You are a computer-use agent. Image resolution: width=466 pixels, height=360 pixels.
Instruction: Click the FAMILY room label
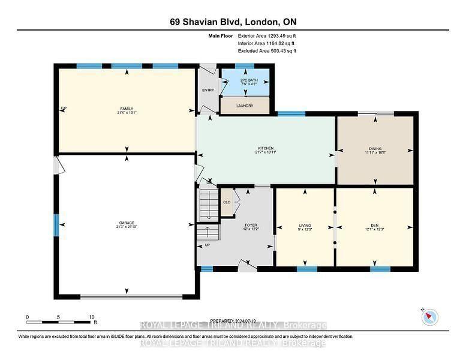[x=126, y=109]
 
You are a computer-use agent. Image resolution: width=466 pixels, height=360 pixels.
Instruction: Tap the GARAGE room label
[x=126, y=222]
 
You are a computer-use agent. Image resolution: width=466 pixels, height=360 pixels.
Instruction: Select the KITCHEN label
[x=266, y=148]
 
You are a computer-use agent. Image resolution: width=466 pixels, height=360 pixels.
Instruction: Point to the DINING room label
[x=375, y=148]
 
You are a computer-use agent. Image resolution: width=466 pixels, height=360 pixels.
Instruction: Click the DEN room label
[x=375, y=225]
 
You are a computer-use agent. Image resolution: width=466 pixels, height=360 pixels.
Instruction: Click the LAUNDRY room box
[x=244, y=106]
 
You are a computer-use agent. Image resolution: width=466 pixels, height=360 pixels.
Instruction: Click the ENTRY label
[x=208, y=91]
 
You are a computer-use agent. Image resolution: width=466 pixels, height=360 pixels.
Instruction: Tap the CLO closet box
[x=227, y=203]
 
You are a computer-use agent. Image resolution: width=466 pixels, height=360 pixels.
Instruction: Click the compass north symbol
[x=430, y=317]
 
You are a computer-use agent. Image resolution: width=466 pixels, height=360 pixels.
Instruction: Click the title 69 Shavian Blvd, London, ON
[x=233, y=22]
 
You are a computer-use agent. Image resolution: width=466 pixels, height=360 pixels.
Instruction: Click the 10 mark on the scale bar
[x=91, y=317]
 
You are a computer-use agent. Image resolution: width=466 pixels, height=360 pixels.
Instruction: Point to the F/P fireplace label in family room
[x=64, y=108]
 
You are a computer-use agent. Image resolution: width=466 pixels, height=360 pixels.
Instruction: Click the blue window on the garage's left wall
[x=56, y=227]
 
